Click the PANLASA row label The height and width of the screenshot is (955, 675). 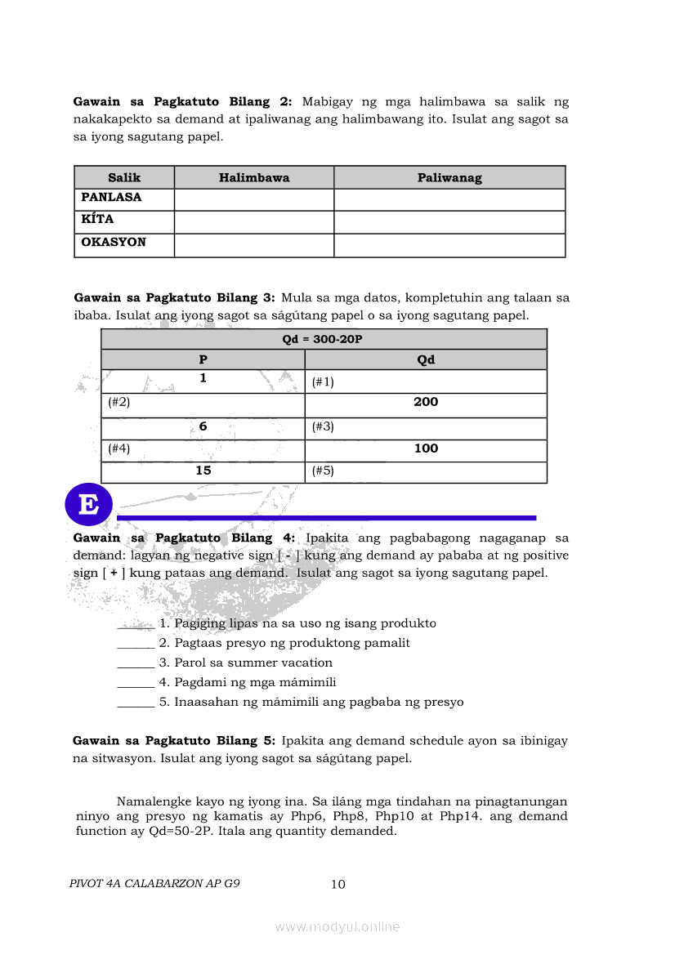(x=111, y=198)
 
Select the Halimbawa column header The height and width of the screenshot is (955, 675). (x=254, y=177)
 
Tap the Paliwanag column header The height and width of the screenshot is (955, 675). (x=449, y=177)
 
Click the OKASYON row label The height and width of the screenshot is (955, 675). (x=114, y=243)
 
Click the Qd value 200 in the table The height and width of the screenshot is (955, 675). (x=426, y=402)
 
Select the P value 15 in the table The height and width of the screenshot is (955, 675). (x=203, y=471)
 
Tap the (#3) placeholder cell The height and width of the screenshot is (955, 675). (x=323, y=426)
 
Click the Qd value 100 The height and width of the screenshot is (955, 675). (x=426, y=448)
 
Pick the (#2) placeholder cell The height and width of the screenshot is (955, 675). (x=119, y=402)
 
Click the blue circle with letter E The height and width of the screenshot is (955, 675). (x=88, y=504)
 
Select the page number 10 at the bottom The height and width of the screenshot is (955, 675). (x=338, y=884)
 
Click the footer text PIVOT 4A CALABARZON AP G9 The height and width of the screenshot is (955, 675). (x=155, y=884)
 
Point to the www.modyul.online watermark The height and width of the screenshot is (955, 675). (x=337, y=926)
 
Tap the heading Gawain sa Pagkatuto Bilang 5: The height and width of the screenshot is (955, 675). (x=174, y=741)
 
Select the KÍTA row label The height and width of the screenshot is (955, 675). (x=97, y=220)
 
